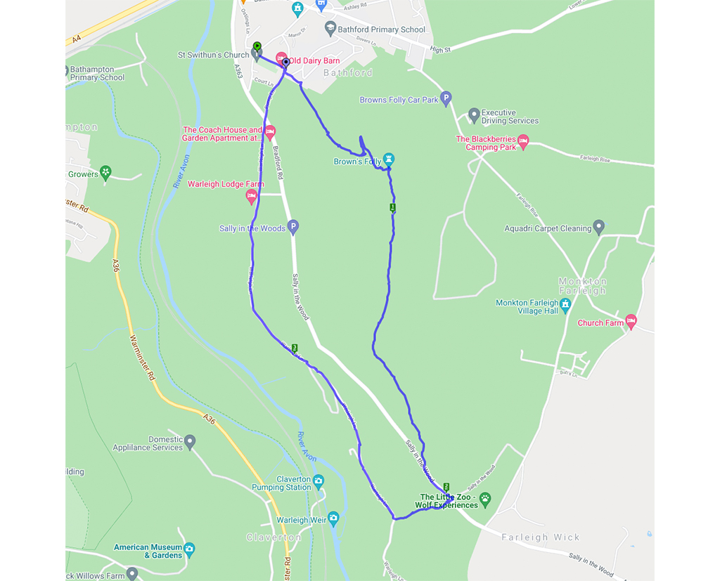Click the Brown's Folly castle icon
pyautogui.click(x=389, y=158)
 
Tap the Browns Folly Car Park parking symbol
pyautogui.click(x=445, y=98)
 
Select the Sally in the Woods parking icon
pyautogui.click(x=293, y=226)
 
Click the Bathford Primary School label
pyautogui.click(x=382, y=30)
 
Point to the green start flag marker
pyautogui.click(x=257, y=47)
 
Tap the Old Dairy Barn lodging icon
pyautogui.click(x=281, y=58)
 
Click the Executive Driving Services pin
pyautogui.click(x=474, y=114)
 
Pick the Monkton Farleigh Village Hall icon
pyautogui.click(x=565, y=304)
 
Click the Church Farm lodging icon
pyautogui.click(x=631, y=321)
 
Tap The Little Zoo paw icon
pyautogui.click(x=484, y=500)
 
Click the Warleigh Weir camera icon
pyautogui.click(x=333, y=518)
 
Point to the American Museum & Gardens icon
pyautogui.click(x=189, y=549)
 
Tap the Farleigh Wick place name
pyautogui.click(x=540, y=537)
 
